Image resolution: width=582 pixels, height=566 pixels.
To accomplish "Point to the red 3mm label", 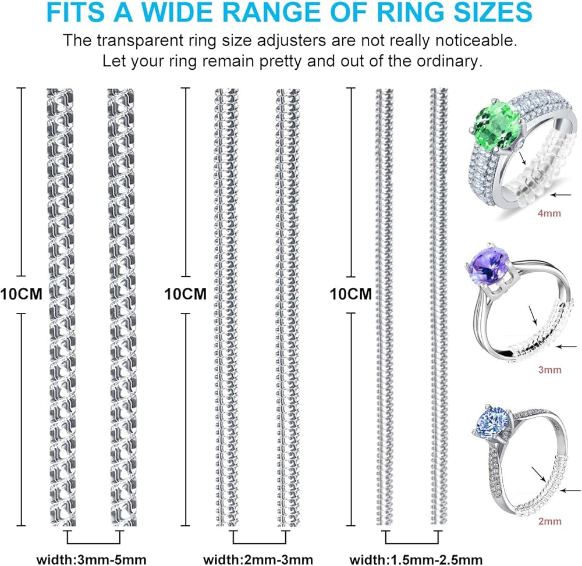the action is [x=550, y=369].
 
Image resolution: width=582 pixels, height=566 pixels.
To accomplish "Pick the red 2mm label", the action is [x=550, y=521].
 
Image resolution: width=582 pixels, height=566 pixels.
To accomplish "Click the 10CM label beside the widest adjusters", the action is [x=22, y=294].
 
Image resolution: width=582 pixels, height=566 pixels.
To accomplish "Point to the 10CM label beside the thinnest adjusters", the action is [x=350, y=294].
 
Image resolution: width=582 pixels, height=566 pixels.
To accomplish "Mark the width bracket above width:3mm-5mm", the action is [x=94, y=537].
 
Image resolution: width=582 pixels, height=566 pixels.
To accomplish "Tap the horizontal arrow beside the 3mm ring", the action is [x=567, y=348].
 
